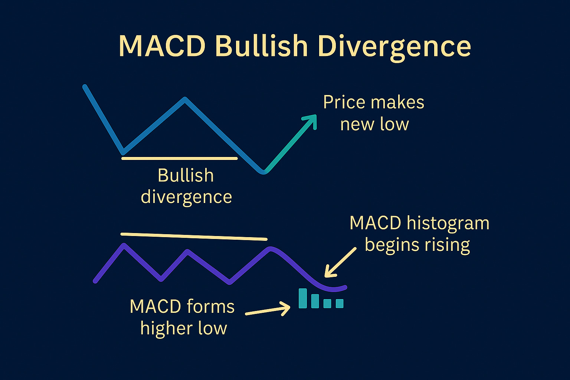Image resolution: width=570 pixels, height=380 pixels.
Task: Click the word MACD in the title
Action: [162, 46]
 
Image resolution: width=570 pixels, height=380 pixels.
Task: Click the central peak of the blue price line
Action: [185, 99]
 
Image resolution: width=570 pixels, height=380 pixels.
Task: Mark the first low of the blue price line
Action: [124, 152]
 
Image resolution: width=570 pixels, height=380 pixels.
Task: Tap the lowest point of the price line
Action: [263, 172]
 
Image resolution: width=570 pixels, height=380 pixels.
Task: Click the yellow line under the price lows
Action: [179, 158]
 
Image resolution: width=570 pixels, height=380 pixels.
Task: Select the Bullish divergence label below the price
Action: [186, 186]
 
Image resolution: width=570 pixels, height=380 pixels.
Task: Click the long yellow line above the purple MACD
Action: [194, 236]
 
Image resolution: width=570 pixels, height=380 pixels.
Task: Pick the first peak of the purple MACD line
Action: [124, 245]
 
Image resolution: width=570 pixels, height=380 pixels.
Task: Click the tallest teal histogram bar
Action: [303, 298]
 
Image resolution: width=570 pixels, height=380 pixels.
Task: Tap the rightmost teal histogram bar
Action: [339, 304]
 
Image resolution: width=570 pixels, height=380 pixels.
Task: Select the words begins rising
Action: [417, 245]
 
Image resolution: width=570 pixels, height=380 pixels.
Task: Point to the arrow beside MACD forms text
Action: [268, 309]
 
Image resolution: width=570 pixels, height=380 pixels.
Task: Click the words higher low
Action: [183, 328]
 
